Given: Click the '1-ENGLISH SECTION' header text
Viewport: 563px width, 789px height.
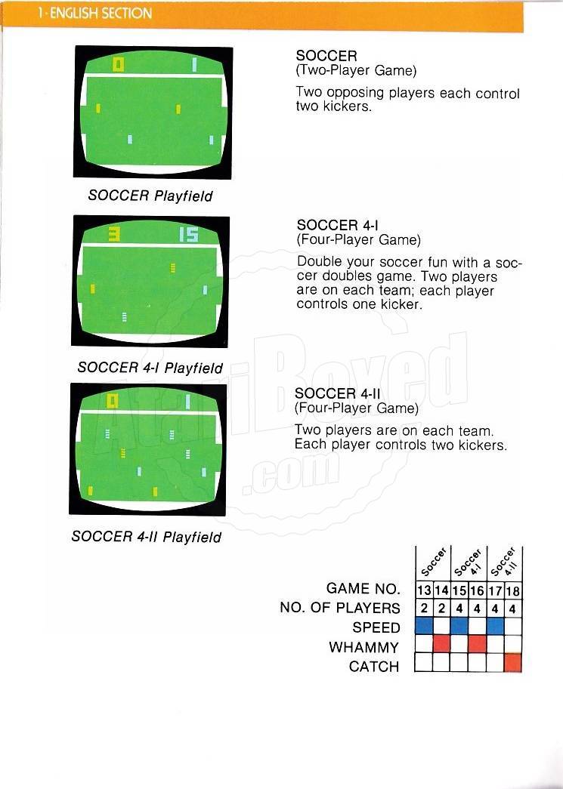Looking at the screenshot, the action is click(94, 13).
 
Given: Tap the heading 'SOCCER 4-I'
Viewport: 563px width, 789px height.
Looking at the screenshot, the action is click(337, 225).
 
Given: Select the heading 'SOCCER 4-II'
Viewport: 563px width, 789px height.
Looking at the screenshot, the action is click(337, 393).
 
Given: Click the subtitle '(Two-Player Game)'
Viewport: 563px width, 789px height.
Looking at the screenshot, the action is click(356, 70).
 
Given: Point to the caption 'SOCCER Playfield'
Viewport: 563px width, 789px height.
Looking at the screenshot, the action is click(150, 196).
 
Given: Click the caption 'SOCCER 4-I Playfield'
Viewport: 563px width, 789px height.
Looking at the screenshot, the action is click(150, 368).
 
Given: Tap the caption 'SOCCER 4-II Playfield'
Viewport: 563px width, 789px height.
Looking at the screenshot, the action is click(147, 537).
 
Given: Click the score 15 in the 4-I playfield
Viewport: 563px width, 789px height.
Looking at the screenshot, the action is click(189, 235).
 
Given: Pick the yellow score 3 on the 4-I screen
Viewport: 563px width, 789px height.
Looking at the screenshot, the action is click(115, 234).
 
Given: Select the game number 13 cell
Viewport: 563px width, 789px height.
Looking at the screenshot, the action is click(425, 590).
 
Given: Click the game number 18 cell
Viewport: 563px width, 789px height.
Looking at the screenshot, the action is click(513, 590).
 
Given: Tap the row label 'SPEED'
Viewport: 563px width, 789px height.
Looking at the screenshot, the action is click(376, 627).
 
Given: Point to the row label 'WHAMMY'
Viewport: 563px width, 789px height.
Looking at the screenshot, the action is click(364, 647).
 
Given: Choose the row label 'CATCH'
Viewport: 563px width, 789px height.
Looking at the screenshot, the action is click(374, 667).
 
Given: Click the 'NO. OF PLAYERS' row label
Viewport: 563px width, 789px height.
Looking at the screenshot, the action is click(340, 608).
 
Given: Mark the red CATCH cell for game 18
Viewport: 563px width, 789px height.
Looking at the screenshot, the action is click(513, 663).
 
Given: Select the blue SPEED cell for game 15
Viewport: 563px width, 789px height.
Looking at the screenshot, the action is click(459, 626).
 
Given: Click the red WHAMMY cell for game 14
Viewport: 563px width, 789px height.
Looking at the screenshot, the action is click(441, 644).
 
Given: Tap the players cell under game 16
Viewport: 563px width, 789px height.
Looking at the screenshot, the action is click(477, 609).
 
